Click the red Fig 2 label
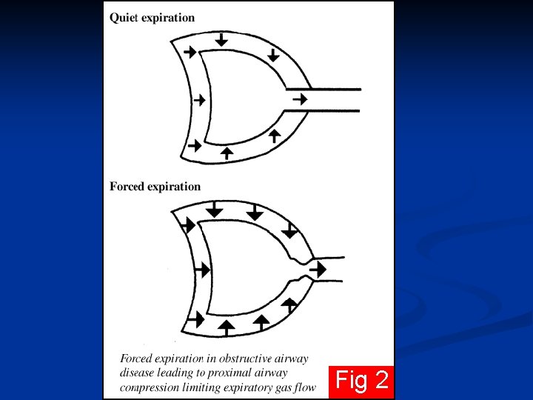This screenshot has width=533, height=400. pyautogui.click(x=361, y=381)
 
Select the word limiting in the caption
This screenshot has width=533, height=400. pyautogui.click(x=208, y=387)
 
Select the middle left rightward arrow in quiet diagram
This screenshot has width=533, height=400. pyautogui.click(x=198, y=100)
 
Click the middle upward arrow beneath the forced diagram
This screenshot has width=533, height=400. pyautogui.click(x=261, y=321)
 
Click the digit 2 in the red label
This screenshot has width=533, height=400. pyautogui.click(x=381, y=381)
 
